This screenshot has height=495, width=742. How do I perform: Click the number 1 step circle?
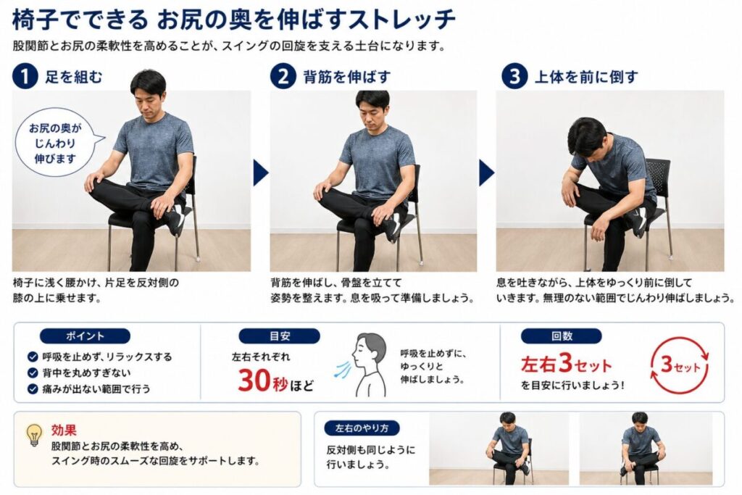point(25,76)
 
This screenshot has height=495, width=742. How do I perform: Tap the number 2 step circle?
point(283,76)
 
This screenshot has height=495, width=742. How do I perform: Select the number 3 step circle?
point(514,76)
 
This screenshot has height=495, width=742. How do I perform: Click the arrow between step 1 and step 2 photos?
point(260,172)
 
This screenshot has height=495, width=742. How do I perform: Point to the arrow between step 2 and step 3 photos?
point(486,172)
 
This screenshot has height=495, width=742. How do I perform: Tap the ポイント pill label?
point(85,336)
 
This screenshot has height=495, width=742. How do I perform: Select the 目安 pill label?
point(279,336)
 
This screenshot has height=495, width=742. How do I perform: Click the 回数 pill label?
point(562,336)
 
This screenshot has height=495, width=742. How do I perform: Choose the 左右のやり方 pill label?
point(362,428)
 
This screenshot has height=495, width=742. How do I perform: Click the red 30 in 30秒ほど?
point(254,380)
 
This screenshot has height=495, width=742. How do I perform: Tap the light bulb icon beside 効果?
point(34,435)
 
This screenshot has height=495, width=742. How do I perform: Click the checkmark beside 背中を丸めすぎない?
point(33,373)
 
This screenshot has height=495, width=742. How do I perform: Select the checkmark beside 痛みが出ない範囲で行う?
point(33,389)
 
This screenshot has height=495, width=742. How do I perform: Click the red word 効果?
point(64,430)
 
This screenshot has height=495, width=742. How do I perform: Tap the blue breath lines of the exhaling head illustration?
point(342,370)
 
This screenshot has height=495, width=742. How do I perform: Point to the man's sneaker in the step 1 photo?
point(176,219)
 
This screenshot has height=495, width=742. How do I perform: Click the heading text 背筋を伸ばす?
point(347,77)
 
